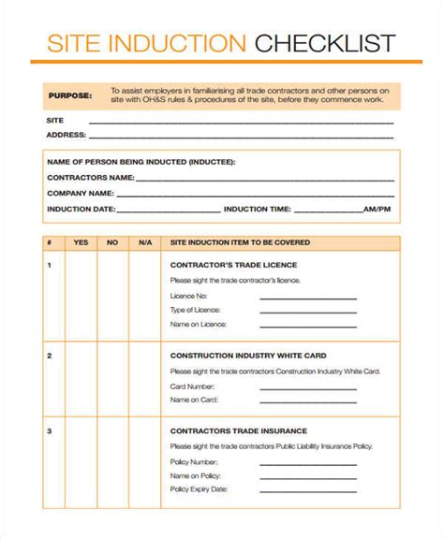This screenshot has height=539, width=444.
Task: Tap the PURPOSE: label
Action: coord(71,95)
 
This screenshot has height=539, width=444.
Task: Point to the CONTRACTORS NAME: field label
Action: coord(91,177)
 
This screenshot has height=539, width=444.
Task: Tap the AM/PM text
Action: coord(377,209)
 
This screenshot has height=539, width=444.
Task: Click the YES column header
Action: coord(81,243)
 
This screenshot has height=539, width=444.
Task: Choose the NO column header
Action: coord(112,243)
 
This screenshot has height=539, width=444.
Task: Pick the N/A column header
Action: coord(144,243)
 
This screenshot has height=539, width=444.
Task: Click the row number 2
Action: coord(49,356)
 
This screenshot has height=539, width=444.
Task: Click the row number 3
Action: coord(49,430)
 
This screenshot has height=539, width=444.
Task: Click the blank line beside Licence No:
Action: coord(307,298)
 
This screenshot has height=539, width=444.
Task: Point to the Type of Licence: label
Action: coord(196,309)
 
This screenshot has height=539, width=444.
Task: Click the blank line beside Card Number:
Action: coord(307,386)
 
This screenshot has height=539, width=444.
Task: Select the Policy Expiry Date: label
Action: coord(200,488)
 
